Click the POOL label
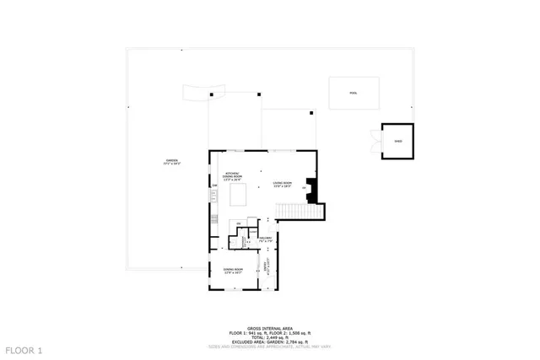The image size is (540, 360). click(354, 94)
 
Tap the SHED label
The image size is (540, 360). click(398, 142)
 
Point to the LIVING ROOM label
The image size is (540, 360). click(282, 184)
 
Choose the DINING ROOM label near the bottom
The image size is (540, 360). click(233, 271)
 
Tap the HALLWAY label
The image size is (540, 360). click(264, 241)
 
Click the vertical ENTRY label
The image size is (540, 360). click(265, 269)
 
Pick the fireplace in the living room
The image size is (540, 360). click(313, 191)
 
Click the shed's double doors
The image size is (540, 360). click(375, 141)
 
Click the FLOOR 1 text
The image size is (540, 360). click(23, 349)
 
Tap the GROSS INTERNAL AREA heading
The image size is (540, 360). click(268, 328)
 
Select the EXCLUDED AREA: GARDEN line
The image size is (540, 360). click(268, 341)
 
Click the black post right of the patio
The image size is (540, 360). click(311, 112)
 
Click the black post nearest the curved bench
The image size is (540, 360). click(211, 96)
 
